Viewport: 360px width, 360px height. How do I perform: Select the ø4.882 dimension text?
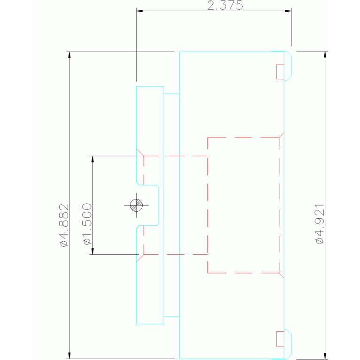pyautogui.click(x=64, y=225)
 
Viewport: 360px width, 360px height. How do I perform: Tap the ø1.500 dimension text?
pyautogui.click(x=87, y=223)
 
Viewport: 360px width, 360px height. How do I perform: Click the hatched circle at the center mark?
pyautogui.click(x=137, y=205)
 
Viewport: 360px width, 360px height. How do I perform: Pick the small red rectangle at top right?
pyautogui.click(x=280, y=71)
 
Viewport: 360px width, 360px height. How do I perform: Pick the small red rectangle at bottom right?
pyautogui.click(x=280, y=338)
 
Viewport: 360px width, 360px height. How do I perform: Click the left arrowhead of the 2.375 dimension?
pyautogui.click(x=139, y=10)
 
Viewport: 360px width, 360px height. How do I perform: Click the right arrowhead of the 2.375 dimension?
pyautogui.click(x=288, y=10)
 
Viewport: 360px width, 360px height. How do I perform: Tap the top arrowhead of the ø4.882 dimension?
pyautogui.click(x=69, y=55)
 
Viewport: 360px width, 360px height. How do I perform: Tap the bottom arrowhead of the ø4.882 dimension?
pyautogui.click(x=69, y=355)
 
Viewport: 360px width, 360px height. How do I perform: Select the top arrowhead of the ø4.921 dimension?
pyautogui.click(x=325, y=55)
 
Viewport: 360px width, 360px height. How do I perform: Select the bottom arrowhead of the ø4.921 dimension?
pyautogui.click(x=325, y=355)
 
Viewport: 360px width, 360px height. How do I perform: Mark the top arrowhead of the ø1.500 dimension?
pyautogui.click(x=93, y=159)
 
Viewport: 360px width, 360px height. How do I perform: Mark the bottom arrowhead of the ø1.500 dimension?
pyautogui.click(x=93, y=251)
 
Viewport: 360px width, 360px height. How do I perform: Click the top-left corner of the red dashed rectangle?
pyautogui.click(x=208, y=138)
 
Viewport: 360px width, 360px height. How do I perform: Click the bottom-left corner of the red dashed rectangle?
pyautogui.click(x=208, y=272)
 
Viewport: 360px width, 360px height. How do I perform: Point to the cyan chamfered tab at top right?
pyautogui.click(x=289, y=66)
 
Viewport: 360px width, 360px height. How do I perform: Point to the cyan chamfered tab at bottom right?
pyautogui.click(x=289, y=344)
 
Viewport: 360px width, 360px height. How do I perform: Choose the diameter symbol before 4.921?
pyautogui.click(x=320, y=240)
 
